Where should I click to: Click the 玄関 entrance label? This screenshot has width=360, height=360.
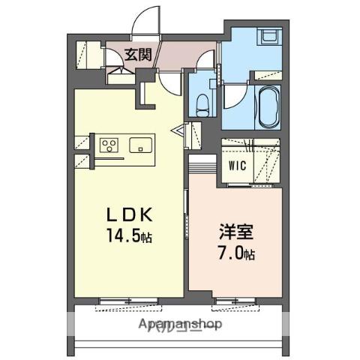click(x=137, y=54)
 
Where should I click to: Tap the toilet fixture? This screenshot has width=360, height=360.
click(x=202, y=105)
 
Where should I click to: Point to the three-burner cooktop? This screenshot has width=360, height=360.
click(x=108, y=145)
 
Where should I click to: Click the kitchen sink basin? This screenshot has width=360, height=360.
click(x=140, y=145)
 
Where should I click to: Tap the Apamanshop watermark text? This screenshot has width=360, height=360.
click(x=180, y=325)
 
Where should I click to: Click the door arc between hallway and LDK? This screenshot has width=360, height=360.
click(x=169, y=81)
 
